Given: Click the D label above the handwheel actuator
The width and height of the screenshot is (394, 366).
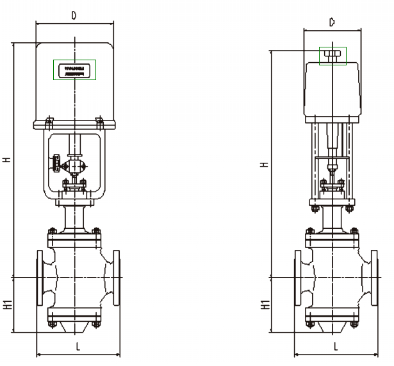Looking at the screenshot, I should (x=331, y=22).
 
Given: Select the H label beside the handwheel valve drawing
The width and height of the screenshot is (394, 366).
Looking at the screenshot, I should (x=264, y=164).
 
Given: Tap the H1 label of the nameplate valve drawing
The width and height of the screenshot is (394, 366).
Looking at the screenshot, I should (x=7, y=304).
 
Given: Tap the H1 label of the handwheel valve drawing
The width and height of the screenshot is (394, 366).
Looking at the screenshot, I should (x=264, y=304).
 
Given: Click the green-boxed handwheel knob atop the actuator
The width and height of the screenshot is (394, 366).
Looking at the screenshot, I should (x=332, y=55).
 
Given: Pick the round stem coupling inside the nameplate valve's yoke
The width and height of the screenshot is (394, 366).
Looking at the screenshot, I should (x=76, y=167).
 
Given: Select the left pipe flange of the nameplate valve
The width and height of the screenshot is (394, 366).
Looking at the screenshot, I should (x=40, y=278).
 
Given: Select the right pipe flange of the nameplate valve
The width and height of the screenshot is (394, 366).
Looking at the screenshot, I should (x=116, y=278).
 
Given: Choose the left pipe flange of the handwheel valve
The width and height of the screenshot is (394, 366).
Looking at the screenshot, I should (x=298, y=278).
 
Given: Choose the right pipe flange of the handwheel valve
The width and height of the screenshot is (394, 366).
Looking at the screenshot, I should (x=373, y=278).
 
